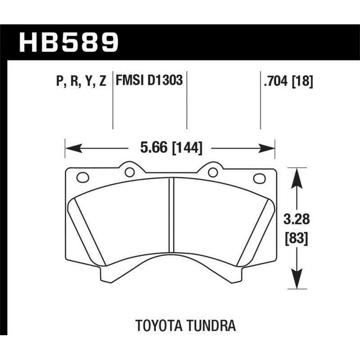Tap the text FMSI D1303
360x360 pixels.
[x=149, y=81]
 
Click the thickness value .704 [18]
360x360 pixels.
[x=286, y=81]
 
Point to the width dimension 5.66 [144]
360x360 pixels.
[x=170, y=147]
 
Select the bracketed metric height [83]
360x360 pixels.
[x=296, y=239]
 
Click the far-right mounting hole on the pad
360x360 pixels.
[x=260, y=178]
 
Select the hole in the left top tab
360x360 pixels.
[x=130, y=171]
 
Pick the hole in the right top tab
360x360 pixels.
[x=212, y=171]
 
